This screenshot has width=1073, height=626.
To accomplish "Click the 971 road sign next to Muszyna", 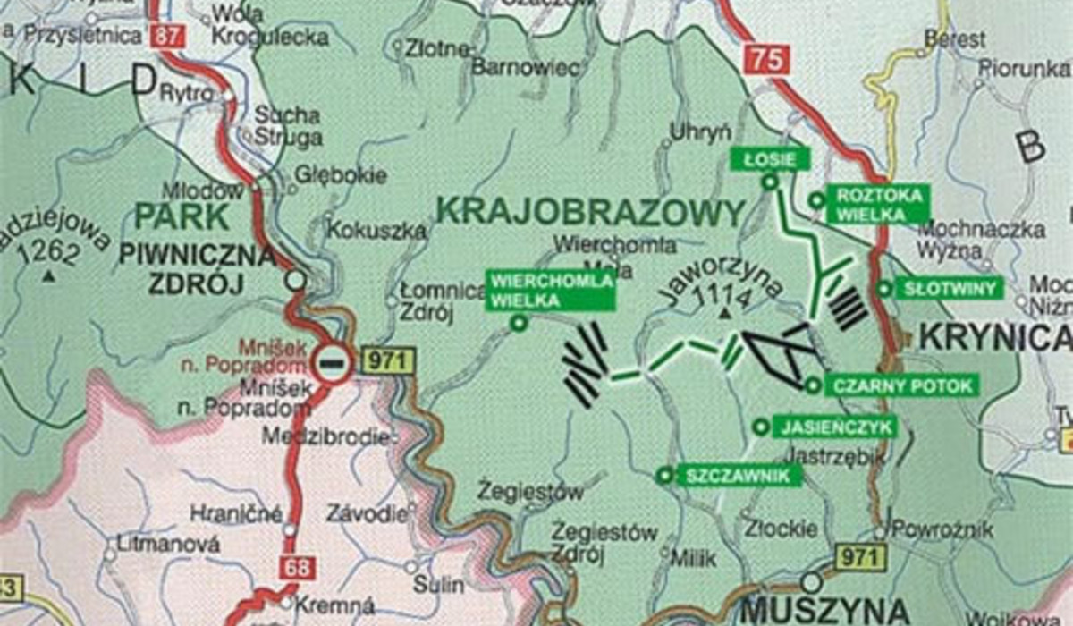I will tap(861, 556).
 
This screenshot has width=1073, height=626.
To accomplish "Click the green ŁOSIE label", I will tap(770, 159).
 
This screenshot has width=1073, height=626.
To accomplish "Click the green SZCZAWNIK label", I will tap(739, 476).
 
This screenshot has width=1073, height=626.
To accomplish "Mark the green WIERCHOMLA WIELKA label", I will tap(550, 290).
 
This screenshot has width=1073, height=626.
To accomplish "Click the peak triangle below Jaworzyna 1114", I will tap(723, 313).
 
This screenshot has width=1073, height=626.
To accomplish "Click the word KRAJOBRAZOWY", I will tap(591, 212).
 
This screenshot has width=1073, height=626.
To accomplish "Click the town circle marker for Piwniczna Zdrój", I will tap(295, 281).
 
